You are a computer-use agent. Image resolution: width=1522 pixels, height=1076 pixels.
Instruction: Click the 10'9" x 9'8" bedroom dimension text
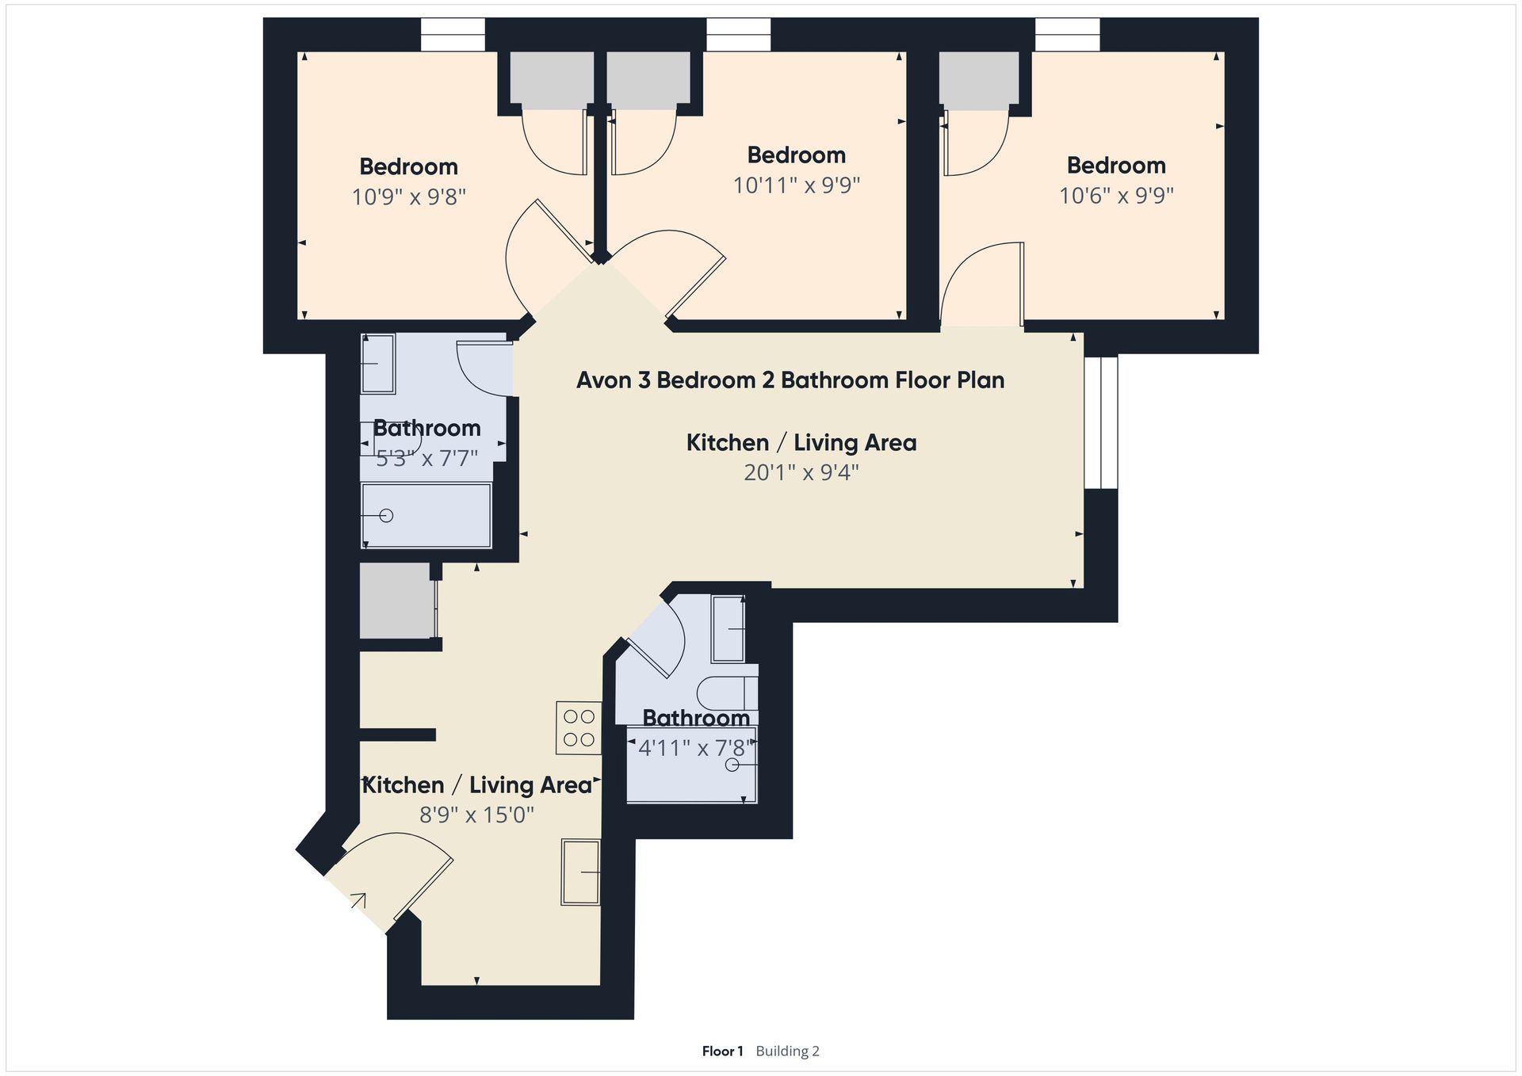pyautogui.click(x=408, y=197)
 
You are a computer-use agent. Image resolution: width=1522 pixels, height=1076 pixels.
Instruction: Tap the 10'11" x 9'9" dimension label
pyautogui.click(x=797, y=185)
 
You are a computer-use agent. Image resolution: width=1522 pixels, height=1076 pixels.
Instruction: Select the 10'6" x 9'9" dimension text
pyautogui.click(x=1116, y=196)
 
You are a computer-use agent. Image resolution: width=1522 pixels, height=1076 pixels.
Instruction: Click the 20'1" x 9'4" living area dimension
pyautogui.click(x=801, y=473)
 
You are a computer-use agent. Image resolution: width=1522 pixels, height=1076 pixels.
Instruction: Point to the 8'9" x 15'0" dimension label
pyautogui.click(x=476, y=815)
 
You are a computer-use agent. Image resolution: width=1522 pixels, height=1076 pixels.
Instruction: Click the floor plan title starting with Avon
pyautogui.click(x=790, y=380)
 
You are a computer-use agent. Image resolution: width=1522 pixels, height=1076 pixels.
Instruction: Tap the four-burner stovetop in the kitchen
pyautogui.click(x=579, y=728)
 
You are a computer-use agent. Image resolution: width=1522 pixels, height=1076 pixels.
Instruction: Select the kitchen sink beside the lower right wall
pyautogui.click(x=581, y=872)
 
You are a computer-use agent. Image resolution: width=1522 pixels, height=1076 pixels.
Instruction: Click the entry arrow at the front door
pyautogui.click(x=358, y=900)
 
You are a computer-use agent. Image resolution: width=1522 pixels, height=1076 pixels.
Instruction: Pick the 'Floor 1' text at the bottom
pyautogui.click(x=722, y=1051)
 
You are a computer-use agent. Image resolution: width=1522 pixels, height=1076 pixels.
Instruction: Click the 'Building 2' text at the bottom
pyautogui.click(x=787, y=1051)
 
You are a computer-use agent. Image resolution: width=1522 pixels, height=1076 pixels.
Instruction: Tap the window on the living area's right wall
pyautogui.click(x=1101, y=422)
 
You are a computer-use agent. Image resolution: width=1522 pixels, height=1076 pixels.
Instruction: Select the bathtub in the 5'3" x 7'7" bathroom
pyautogui.click(x=426, y=515)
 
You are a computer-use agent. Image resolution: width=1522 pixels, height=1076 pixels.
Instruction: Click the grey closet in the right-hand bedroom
pyautogui.click(x=979, y=81)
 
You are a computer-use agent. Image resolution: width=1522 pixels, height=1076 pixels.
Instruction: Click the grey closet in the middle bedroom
pyautogui.click(x=648, y=81)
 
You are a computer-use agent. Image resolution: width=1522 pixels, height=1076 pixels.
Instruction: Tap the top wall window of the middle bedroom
pyautogui.click(x=738, y=36)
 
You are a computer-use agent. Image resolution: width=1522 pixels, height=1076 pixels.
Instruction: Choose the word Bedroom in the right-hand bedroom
pyautogui.click(x=1116, y=166)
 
